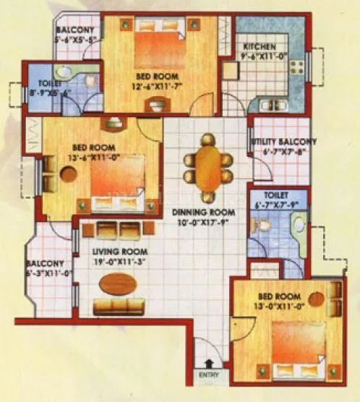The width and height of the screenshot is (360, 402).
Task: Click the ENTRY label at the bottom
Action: [x=208, y=376]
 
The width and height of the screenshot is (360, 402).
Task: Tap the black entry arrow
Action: [x=208, y=364]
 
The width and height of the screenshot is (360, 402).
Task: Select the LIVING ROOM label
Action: [x=114, y=252]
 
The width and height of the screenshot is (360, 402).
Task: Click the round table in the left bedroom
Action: [x=69, y=175]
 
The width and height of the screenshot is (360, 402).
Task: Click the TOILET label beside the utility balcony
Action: [x=276, y=195]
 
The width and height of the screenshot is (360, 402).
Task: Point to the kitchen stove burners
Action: [x=296, y=68]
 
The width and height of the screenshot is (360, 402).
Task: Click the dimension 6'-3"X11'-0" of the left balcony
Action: [x=49, y=273]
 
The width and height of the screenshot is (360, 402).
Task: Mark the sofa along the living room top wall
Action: [x=118, y=231]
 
